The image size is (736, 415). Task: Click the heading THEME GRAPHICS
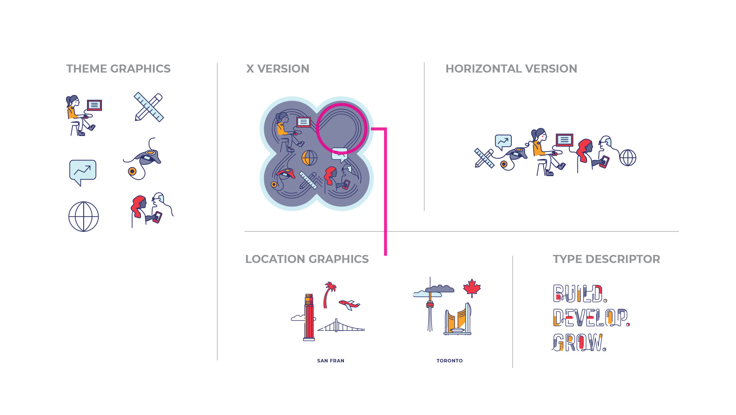118,69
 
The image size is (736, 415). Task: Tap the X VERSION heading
278,69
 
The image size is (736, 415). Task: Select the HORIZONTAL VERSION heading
511,69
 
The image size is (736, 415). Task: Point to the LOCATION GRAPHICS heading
307,259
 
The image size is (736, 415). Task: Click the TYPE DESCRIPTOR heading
606,259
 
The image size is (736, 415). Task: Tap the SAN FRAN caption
331,360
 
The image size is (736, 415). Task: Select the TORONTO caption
450,360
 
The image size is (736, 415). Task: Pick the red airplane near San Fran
349,305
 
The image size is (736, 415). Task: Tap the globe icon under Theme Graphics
84,217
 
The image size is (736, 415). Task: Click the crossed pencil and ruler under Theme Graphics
149,107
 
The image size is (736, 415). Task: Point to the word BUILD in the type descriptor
580,294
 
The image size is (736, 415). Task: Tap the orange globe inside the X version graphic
309,157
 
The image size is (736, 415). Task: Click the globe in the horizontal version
628,158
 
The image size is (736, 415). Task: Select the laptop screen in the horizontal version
564,140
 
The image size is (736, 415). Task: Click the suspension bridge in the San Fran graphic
341,326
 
